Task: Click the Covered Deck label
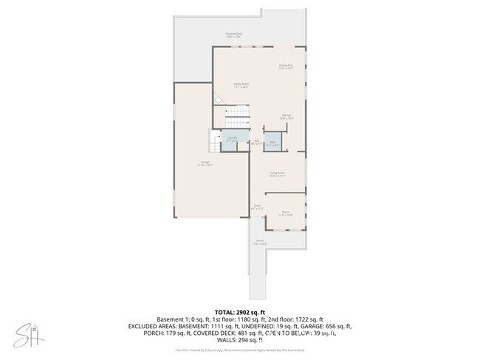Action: tap(236, 35)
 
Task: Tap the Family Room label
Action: tap(241, 86)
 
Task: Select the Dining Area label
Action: tap(287, 67)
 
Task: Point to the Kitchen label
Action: tap(287, 117)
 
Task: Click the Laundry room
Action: tap(232, 139)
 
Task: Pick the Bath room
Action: tap(272, 143)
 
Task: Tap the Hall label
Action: tap(256, 143)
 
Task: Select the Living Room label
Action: tap(278, 174)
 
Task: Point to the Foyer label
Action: tap(256, 207)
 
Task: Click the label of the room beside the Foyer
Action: tap(286, 213)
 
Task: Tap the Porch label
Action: tap(260, 242)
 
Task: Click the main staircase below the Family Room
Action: tap(236, 116)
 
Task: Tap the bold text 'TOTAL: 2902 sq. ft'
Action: tap(240, 312)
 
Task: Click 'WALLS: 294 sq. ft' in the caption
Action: tap(240, 340)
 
